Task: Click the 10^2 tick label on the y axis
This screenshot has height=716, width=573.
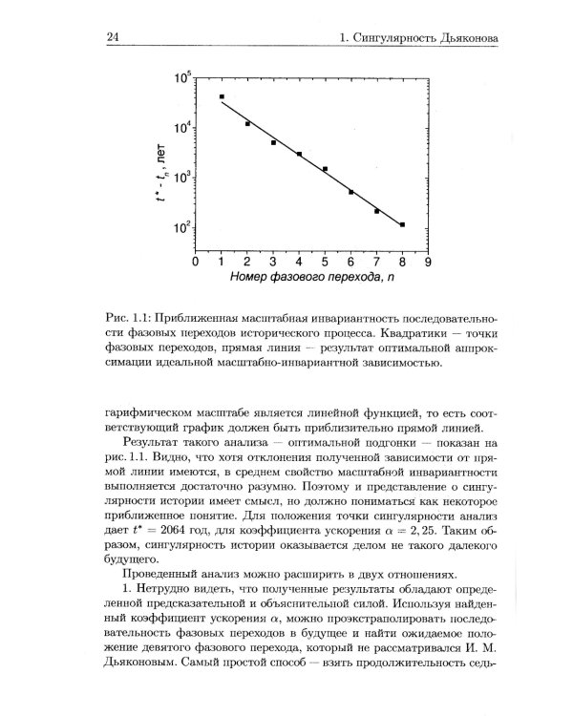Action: coord(179,228)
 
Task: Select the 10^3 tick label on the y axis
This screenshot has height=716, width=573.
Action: coord(179,179)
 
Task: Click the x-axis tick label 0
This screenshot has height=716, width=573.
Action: coord(195,262)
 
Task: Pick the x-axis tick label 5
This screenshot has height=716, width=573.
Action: coord(325,262)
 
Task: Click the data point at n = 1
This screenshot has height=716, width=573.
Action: coord(222,97)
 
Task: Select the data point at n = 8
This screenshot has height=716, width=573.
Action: coord(402,225)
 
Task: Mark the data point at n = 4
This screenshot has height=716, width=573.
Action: coord(299,154)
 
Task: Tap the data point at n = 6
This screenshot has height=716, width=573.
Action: coord(350,192)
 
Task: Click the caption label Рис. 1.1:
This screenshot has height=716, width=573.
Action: coord(132,317)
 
